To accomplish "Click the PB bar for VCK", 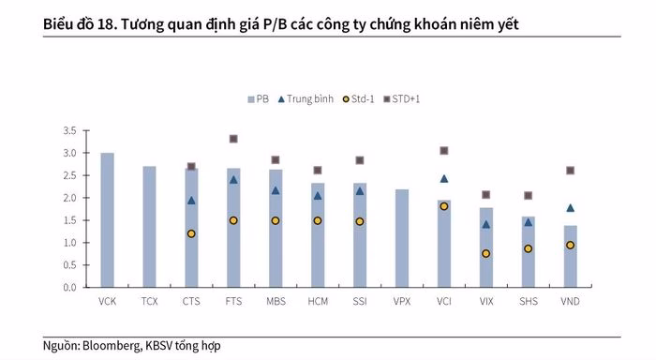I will [108, 220].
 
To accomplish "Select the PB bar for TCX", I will [149, 227].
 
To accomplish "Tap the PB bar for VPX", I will [402, 238].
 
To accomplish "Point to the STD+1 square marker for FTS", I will [233, 139].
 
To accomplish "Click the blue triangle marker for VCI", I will [443, 178].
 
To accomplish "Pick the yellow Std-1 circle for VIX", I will [485, 253].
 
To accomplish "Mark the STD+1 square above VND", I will [570, 171].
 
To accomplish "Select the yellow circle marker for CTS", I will [191, 233].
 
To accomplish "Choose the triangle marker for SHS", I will [528, 222].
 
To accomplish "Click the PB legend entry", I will [258, 98].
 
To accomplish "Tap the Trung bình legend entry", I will [305, 98].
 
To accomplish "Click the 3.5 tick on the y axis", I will [69, 130].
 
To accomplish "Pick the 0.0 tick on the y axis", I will [69, 287].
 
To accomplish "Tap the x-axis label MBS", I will [276, 302].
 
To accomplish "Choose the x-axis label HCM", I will [318, 302].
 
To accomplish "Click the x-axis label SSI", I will [360, 302].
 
